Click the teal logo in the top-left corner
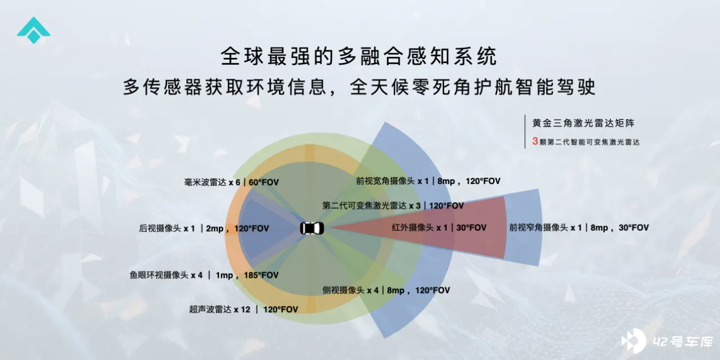coord(34,30)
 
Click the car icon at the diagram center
coord(312,228)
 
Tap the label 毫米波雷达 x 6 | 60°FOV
coord(231,182)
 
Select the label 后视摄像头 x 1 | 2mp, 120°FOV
coord(204,228)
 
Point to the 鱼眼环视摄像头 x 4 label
coord(166,275)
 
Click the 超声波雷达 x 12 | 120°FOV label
coord(244,309)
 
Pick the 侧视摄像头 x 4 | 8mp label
coord(363,290)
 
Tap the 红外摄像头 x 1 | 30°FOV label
coord(439,228)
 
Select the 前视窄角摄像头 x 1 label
coord(546,228)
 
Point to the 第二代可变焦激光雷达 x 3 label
coord(372,206)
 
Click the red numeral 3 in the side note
coord(535,141)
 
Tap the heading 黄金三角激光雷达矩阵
coord(583,123)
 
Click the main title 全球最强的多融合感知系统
coord(359,56)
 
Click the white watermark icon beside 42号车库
coord(633,341)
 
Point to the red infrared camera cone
coord(418,228)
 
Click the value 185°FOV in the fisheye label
coord(261,275)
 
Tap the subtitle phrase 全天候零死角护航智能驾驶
coord(472,87)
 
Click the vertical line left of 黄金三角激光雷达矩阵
coord(525,132)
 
